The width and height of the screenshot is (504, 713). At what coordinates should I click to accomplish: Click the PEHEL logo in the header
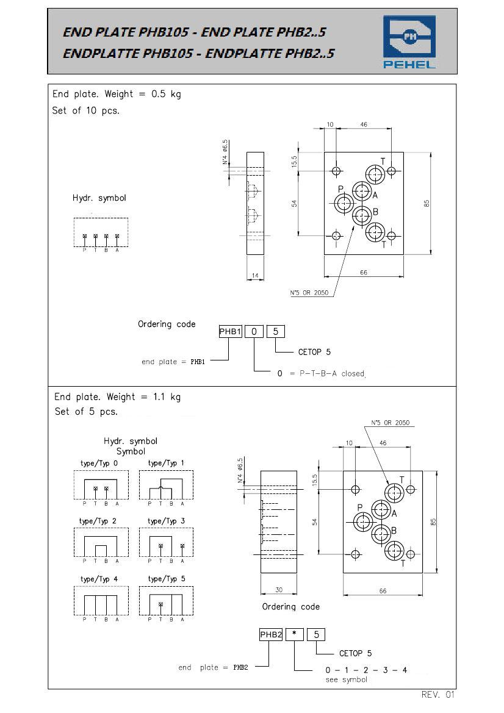pyautogui.click(x=409, y=42)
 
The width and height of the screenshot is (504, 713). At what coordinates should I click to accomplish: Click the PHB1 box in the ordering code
pyautogui.click(x=230, y=331)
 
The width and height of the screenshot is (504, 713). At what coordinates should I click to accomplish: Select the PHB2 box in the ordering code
pyautogui.click(x=271, y=634)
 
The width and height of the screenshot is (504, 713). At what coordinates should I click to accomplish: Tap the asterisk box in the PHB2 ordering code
pyautogui.click(x=295, y=634)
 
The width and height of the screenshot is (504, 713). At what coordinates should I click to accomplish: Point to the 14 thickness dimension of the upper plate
pyautogui.click(x=255, y=275)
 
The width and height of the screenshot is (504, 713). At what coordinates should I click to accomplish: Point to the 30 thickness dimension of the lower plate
pyautogui.click(x=279, y=589)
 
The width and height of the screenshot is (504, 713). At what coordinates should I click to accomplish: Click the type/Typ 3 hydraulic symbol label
pyautogui.click(x=166, y=521)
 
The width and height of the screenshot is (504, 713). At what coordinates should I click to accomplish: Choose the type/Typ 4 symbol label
pyautogui.click(x=99, y=579)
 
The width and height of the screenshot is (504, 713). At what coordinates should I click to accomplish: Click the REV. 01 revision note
pyautogui.click(x=437, y=694)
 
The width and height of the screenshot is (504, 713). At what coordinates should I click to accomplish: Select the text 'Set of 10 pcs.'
pyautogui.click(x=86, y=110)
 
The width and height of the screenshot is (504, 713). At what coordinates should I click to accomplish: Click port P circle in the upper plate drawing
pyautogui.click(x=344, y=203)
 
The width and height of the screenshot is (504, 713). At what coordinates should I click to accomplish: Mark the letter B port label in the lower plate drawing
pyautogui.click(x=394, y=530)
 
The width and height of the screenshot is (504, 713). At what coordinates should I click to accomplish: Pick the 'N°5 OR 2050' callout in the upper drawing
pyautogui.click(x=309, y=293)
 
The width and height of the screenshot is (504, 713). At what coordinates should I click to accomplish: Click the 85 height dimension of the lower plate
pyautogui.click(x=433, y=521)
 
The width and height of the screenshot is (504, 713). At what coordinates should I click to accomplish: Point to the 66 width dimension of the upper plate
pyautogui.click(x=364, y=273)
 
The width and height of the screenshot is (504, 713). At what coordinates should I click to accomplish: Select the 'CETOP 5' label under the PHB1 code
pyautogui.click(x=314, y=352)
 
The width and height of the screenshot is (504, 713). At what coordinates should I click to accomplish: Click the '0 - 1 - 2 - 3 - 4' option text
pyautogui.click(x=366, y=670)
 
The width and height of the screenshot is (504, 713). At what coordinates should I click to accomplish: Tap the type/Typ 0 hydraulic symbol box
pyautogui.click(x=101, y=485)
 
